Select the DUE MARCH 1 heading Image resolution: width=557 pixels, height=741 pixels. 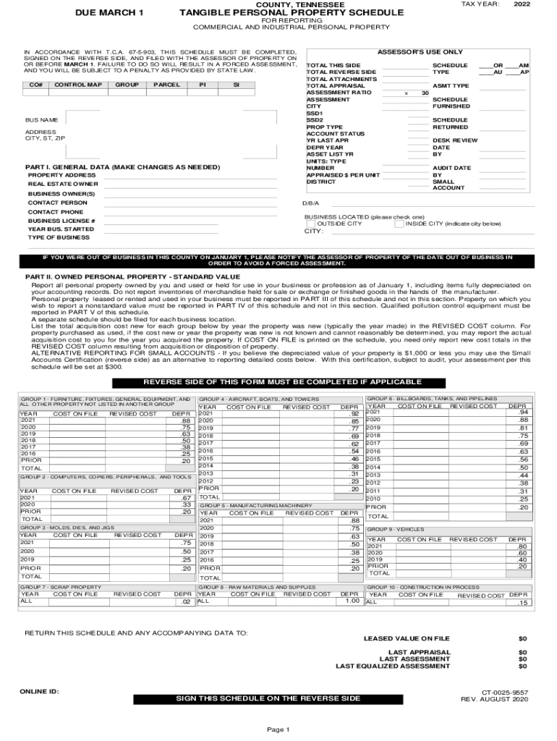110,14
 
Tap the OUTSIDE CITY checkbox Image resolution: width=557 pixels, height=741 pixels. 310,224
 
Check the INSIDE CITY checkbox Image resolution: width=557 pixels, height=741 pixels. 399,224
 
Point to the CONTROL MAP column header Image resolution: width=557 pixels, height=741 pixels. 73,85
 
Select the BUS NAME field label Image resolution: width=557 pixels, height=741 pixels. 41,119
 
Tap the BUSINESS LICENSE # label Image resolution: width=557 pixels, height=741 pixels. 61,221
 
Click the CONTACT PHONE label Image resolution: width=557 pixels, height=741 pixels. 56,212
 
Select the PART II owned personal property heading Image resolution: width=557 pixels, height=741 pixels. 132,276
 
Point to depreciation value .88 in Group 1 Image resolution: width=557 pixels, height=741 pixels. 186,420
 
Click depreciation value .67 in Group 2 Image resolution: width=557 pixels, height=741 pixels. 186,498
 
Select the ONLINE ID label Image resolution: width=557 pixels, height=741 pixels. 40,691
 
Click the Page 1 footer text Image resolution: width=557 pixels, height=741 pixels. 278,729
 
